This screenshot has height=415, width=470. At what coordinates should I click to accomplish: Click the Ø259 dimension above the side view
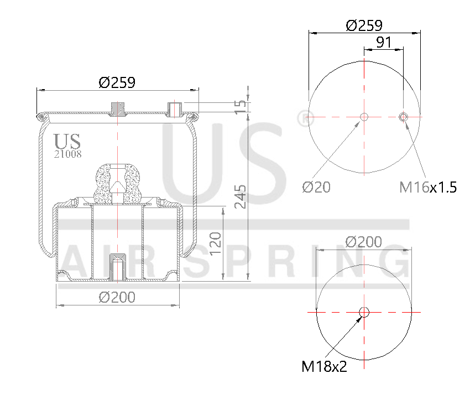pyautogui.click(x=117, y=82)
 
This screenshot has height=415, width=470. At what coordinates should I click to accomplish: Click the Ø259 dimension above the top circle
pyautogui.click(x=364, y=25)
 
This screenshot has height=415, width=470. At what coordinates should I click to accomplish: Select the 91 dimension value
pyautogui.click(x=384, y=41)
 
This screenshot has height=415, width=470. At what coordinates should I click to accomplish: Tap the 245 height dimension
pyautogui.click(x=239, y=196)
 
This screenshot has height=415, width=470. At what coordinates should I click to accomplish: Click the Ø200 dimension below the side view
pyautogui.click(x=117, y=297)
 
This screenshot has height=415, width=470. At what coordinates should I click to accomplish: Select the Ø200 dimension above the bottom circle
pyautogui.click(x=363, y=242)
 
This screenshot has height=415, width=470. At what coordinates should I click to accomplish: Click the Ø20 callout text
pyautogui.click(x=316, y=187)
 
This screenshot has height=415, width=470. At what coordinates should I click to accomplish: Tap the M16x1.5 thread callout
pyautogui.click(x=428, y=187)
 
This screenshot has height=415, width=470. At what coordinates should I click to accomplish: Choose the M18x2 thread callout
pyautogui.click(x=324, y=366)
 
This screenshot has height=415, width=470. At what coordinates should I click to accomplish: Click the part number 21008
pyautogui.click(x=67, y=154)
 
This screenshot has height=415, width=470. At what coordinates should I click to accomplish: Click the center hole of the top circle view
pyautogui.click(x=364, y=117)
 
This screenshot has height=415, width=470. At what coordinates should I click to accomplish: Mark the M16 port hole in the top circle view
pyautogui.click(x=403, y=116)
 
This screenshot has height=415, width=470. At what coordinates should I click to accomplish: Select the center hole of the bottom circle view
pyautogui.click(x=364, y=312)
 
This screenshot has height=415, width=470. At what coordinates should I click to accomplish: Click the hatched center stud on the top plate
pyautogui.click(x=117, y=108)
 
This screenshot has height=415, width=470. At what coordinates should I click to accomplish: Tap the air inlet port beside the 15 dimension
pyautogui.click(x=175, y=108)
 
